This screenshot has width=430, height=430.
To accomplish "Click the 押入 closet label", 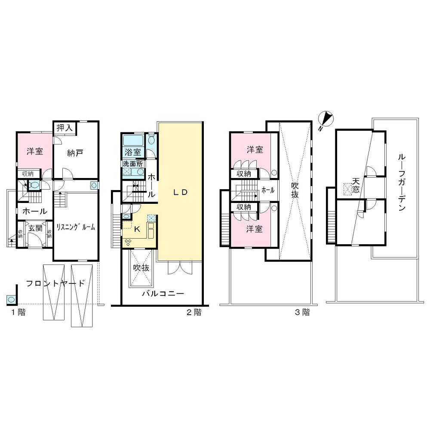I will click(65, 128).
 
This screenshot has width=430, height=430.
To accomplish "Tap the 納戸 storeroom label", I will click(75, 153).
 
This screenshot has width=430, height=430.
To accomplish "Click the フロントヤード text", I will click(55, 283).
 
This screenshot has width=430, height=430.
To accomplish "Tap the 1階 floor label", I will click(18, 313).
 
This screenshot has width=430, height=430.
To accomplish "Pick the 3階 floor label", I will click(302, 313).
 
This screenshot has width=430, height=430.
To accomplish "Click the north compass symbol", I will click(326, 118).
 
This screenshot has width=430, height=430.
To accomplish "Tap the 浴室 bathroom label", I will click(133, 152).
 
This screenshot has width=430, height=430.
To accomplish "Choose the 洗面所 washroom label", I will click(133, 164).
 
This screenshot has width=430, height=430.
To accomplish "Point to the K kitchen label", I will click(137, 230).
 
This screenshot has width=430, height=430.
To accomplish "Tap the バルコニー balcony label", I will click(163, 294).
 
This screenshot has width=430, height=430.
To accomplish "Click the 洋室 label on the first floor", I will click(34, 151).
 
